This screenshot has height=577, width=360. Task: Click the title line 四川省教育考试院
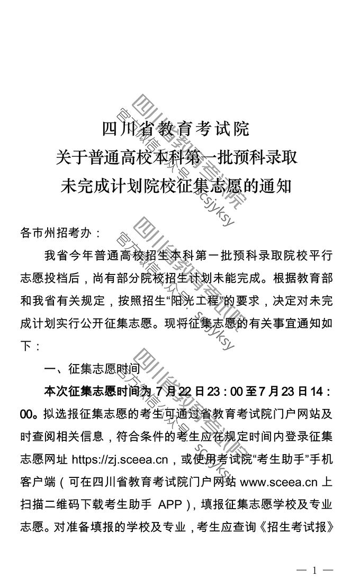point(175,129)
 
